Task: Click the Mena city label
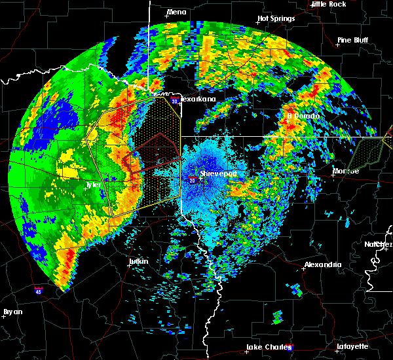[x=176, y=12]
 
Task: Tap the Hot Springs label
[x=276, y=19]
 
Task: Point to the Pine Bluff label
[x=353, y=40]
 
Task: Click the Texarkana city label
[x=197, y=99]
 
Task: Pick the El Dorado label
[x=303, y=116]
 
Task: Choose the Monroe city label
[x=346, y=171]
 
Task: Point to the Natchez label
[x=379, y=244]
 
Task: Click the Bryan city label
[x=12, y=312]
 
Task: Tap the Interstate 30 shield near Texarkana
[x=174, y=101]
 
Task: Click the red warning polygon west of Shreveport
[x=152, y=154]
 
